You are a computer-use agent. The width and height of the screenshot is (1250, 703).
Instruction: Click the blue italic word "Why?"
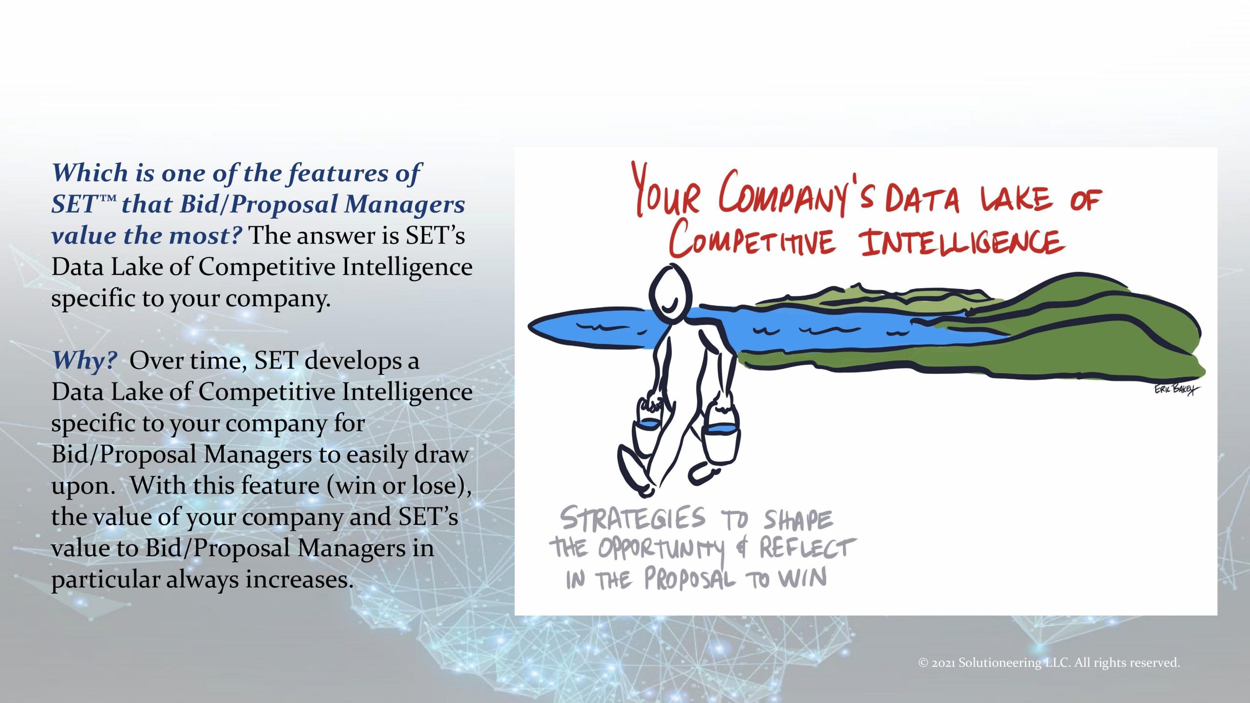pos(84,361)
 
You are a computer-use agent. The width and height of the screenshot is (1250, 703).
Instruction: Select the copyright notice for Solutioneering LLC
pos(1049,662)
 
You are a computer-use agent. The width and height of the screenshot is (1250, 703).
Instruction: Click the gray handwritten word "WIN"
pos(803,579)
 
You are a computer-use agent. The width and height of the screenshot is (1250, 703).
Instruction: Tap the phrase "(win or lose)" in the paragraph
pos(399,486)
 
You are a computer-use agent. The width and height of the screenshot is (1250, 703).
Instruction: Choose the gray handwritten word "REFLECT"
pos(807,548)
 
